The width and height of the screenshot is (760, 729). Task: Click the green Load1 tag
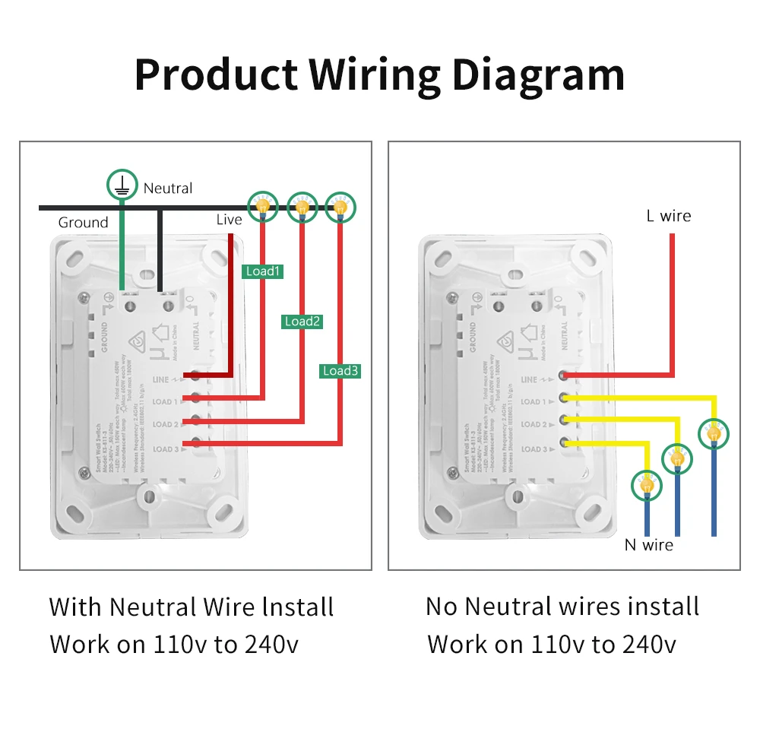click(263, 271)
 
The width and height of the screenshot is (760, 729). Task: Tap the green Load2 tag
click(302, 322)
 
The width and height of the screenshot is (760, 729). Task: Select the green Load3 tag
click(340, 371)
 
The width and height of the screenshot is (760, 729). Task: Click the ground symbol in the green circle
click(122, 184)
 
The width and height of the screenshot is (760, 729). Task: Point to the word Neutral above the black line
click(168, 189)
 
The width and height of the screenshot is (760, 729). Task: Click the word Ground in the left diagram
click(84, 223)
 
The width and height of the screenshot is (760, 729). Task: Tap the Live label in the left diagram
click(229, 220)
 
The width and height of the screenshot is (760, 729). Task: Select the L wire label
click(669, 216)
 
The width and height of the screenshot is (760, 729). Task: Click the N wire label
click(648, 544)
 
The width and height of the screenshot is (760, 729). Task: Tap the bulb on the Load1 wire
click(262, 204)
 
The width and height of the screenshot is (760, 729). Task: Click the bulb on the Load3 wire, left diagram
click(340, 204)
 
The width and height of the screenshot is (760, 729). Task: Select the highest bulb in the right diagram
click(714, 434)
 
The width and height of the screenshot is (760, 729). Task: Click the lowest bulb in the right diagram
click(647, 484)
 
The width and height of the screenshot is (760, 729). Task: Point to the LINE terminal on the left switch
click(195, 376)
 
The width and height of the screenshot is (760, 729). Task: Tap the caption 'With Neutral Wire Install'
click(192, 607)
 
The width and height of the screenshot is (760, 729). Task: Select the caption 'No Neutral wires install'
click(562, 607)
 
